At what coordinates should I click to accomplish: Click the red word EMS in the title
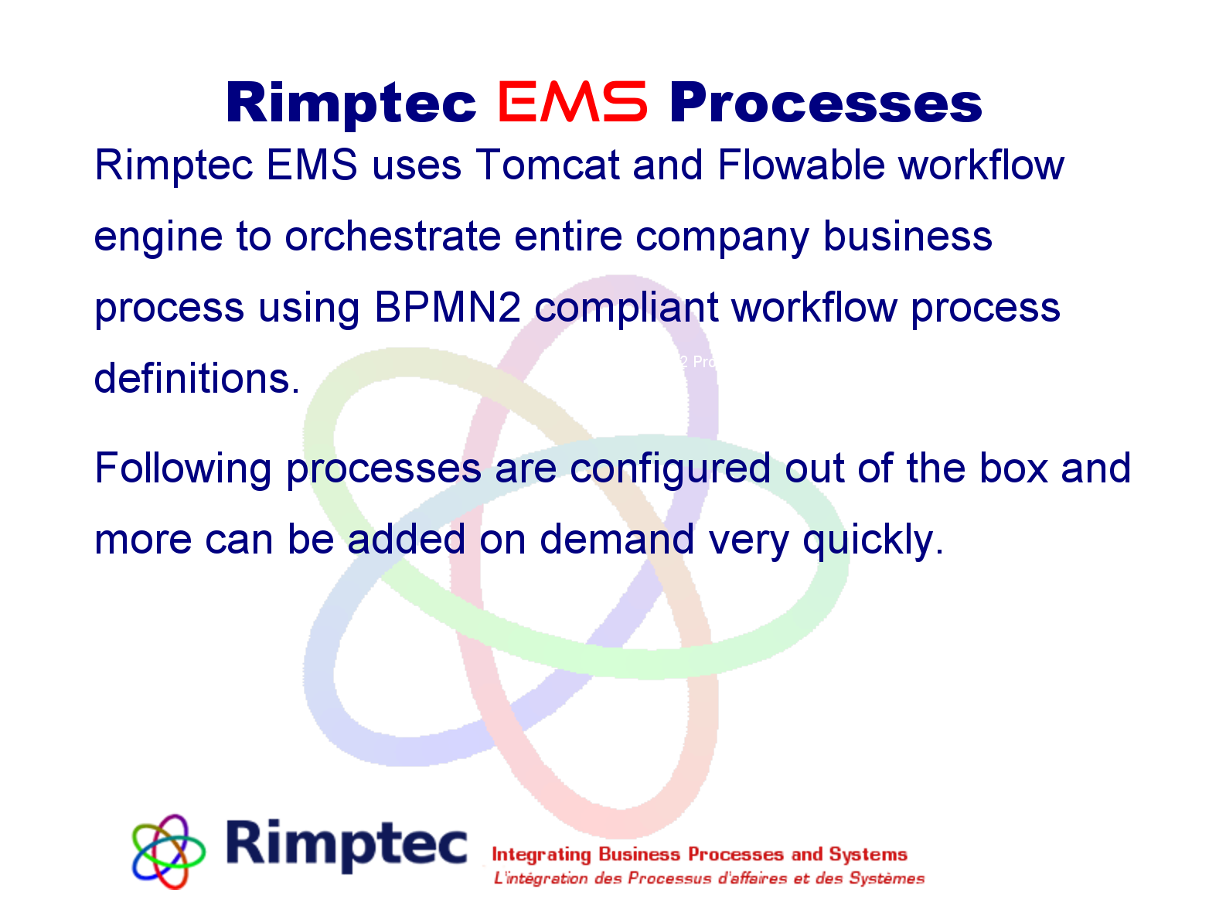(572, 103)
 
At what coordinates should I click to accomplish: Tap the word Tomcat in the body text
(547, 165)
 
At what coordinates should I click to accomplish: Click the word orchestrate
(393, 237)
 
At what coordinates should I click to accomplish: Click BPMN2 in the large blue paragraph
(448, 308)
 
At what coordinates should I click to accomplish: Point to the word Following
(183, 469)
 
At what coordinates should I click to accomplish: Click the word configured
(670, 469)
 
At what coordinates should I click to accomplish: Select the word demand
(616, 540)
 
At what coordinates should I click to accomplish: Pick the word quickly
(871, 540)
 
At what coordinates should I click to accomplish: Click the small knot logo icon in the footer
(169, 850)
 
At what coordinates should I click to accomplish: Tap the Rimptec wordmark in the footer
(347, 844)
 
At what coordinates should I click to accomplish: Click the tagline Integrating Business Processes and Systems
(700, 854)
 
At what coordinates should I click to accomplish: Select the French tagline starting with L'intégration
(710, 878)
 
